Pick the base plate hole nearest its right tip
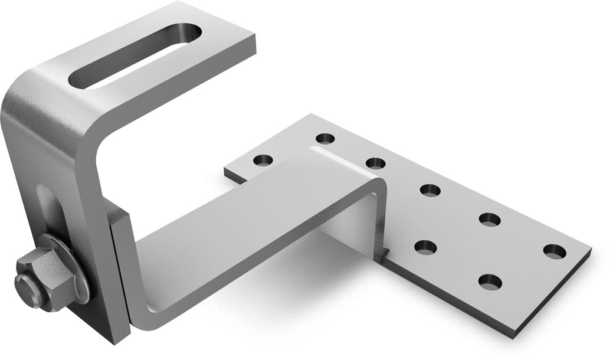coord(554,251)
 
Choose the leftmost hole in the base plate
coord(263,160)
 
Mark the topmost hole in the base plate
coord(324,139)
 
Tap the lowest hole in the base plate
coord(490,282)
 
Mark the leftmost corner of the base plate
coord(225,171)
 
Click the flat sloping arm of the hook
coord(254,230)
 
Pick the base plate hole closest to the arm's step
coord(375,163)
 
